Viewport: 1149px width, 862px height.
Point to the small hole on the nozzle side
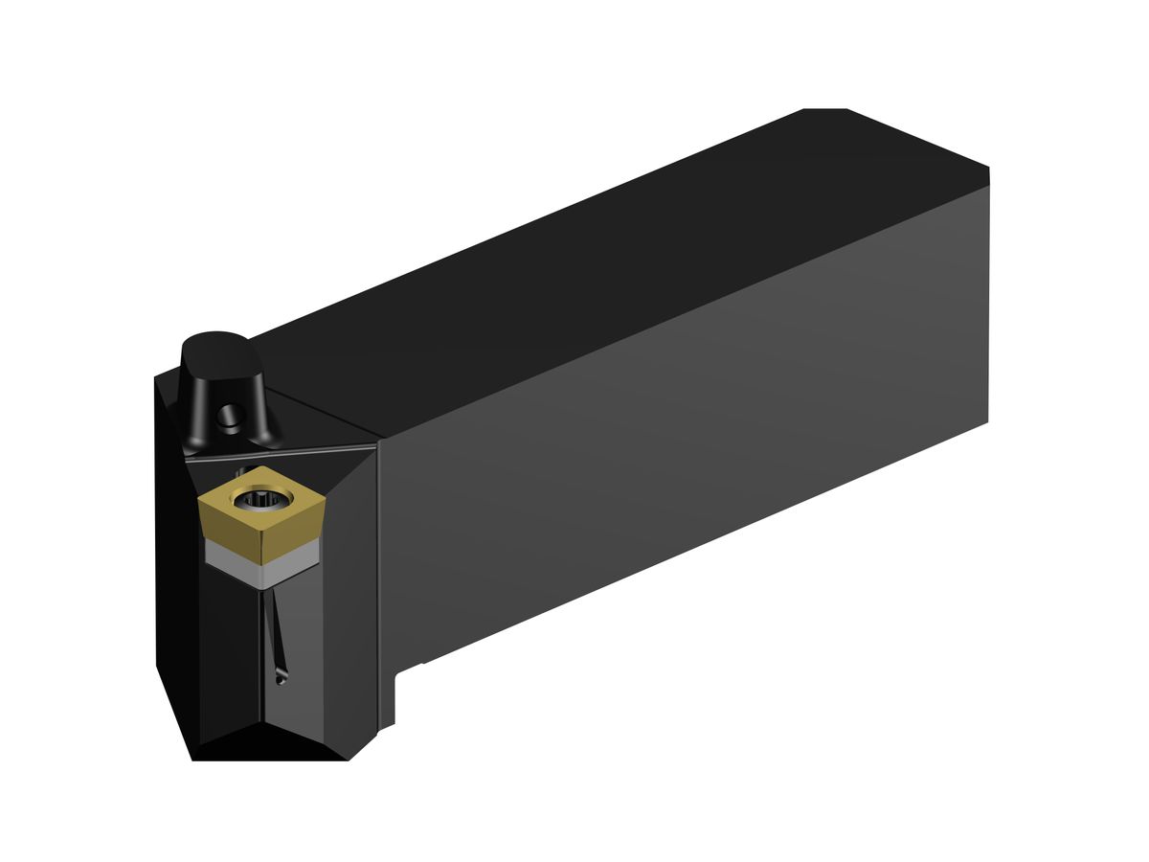(x=227, y=418)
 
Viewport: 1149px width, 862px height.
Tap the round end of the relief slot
(x=279, y=680)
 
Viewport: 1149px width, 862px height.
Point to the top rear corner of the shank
(x=987, y=170)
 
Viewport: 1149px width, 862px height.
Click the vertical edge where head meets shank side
(x=380, y=575)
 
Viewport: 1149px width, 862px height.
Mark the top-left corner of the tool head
(x=158, y=377)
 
